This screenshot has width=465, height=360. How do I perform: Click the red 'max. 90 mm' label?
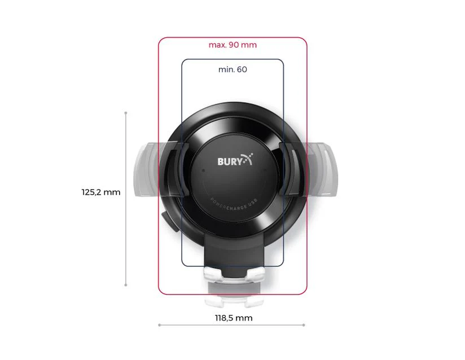point(232,45)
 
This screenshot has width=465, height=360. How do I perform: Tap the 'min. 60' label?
point(232,69)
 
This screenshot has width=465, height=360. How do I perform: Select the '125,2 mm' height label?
point(101,192)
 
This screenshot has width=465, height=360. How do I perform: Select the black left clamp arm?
point(177,170)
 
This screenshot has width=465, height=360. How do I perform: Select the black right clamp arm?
point(289,170)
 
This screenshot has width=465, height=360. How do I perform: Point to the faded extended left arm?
point(145,169)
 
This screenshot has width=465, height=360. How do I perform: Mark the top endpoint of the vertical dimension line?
point(126,113)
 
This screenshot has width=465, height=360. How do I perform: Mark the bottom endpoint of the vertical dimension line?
point(126,286)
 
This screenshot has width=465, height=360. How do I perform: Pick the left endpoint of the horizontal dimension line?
point(159,325)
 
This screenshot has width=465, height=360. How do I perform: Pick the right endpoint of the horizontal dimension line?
point(305,325)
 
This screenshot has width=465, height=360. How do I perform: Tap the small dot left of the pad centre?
point(202,170)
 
